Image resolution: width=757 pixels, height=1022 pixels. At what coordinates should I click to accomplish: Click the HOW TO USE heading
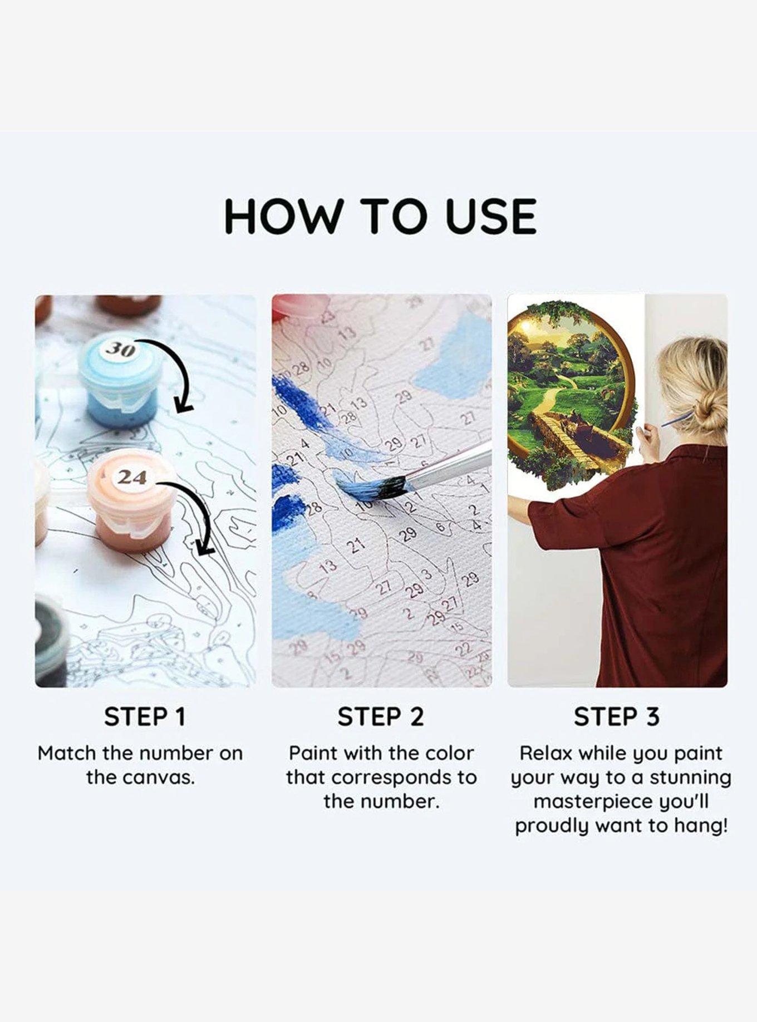(380, 216)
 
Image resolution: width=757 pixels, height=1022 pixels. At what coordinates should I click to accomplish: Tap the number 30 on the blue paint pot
(121, 349)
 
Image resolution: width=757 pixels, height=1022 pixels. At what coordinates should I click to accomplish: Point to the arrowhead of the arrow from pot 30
(183, 405)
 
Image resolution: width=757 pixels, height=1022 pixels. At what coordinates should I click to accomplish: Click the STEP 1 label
(145, 716)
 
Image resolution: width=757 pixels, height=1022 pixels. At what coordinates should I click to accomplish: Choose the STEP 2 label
(381, 716)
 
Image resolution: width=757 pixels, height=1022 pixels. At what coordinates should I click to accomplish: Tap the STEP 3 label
(617, 716)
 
